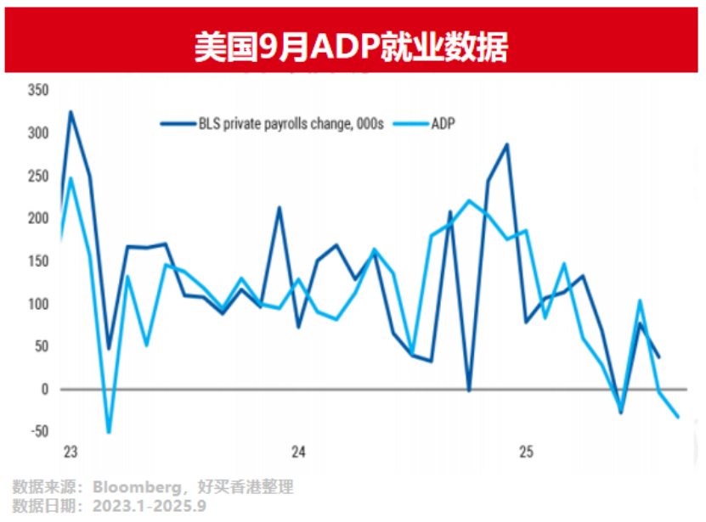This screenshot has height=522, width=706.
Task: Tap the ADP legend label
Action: (x=443, y=124)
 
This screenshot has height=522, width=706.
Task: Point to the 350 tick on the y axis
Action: (x=39, y=90)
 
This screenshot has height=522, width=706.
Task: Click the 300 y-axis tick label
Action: (x=39, y=133)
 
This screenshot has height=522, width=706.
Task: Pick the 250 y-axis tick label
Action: (x=39, y=176)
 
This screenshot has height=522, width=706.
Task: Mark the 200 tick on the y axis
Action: (x=39, y=218)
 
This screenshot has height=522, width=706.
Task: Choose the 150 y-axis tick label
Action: (x=39, y=261)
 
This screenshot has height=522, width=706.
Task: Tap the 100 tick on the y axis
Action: (x=39, y=304)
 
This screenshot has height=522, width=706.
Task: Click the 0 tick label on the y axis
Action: (x=46, y=390)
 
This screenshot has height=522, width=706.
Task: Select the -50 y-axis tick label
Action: (x=37, y=431)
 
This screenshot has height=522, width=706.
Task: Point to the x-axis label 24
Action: (x=298, y=452)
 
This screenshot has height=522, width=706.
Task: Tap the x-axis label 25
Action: (x=526, y=452)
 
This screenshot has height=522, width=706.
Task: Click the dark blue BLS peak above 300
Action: (x=71, y=111)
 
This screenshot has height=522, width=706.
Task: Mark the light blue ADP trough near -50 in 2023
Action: (x=109, y=432)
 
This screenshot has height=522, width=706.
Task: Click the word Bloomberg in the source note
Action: (x=135, y=487)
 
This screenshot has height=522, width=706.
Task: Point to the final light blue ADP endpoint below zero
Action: (x=678, y=417)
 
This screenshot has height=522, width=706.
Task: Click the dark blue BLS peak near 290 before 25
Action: (x=507, y=144)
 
